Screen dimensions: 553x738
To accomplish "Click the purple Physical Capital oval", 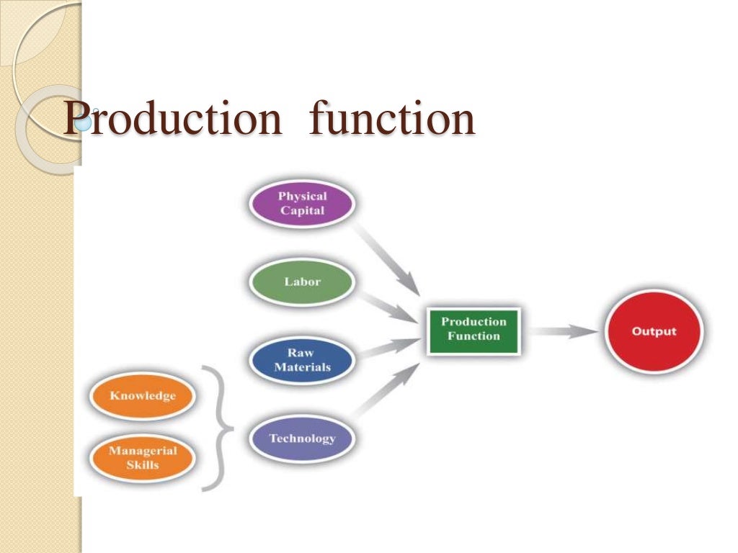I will (x=302, y=203).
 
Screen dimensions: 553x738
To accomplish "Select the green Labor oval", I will (x=302, y=282).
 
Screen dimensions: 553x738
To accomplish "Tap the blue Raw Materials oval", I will (x=302, y=360).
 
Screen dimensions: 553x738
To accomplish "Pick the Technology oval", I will (x=302, y=438).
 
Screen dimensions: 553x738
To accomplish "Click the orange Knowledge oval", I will (x=142, y=396).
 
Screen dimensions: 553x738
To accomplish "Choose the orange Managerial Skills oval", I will (x=142, y=458).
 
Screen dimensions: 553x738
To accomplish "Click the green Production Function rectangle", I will (x=473, y=329).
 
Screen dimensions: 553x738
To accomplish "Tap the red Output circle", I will (x=654, y=332).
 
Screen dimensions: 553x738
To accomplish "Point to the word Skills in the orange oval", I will (x=142, y=465).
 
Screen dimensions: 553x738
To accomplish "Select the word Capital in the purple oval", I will (x=302, y=210).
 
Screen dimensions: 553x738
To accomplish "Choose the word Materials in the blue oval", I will (x=302, y=367).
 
